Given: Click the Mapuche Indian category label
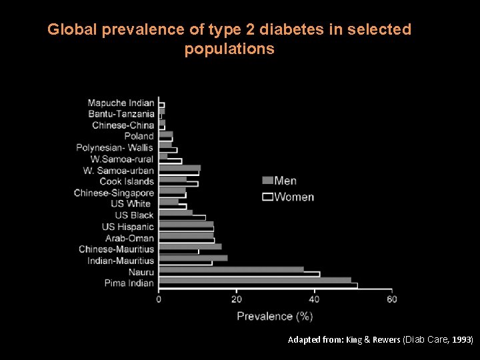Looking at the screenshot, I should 121,103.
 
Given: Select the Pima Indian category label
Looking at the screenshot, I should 129,283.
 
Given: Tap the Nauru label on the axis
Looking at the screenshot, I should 141,272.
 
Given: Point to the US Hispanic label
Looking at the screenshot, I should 127,227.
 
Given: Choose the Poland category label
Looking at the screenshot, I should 139,136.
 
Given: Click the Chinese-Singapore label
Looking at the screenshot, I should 113,193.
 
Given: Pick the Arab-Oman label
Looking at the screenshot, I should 129,238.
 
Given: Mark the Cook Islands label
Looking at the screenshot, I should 126,181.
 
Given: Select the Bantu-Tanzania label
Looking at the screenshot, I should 121,114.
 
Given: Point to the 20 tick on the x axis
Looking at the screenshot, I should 237,299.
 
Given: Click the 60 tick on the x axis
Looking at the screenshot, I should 391,299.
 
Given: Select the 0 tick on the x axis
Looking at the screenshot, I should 159,299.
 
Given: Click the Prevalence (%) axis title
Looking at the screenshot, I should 275,316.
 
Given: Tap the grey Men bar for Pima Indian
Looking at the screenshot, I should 255,281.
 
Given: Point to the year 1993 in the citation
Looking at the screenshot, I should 462,340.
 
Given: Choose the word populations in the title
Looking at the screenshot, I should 229,49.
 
